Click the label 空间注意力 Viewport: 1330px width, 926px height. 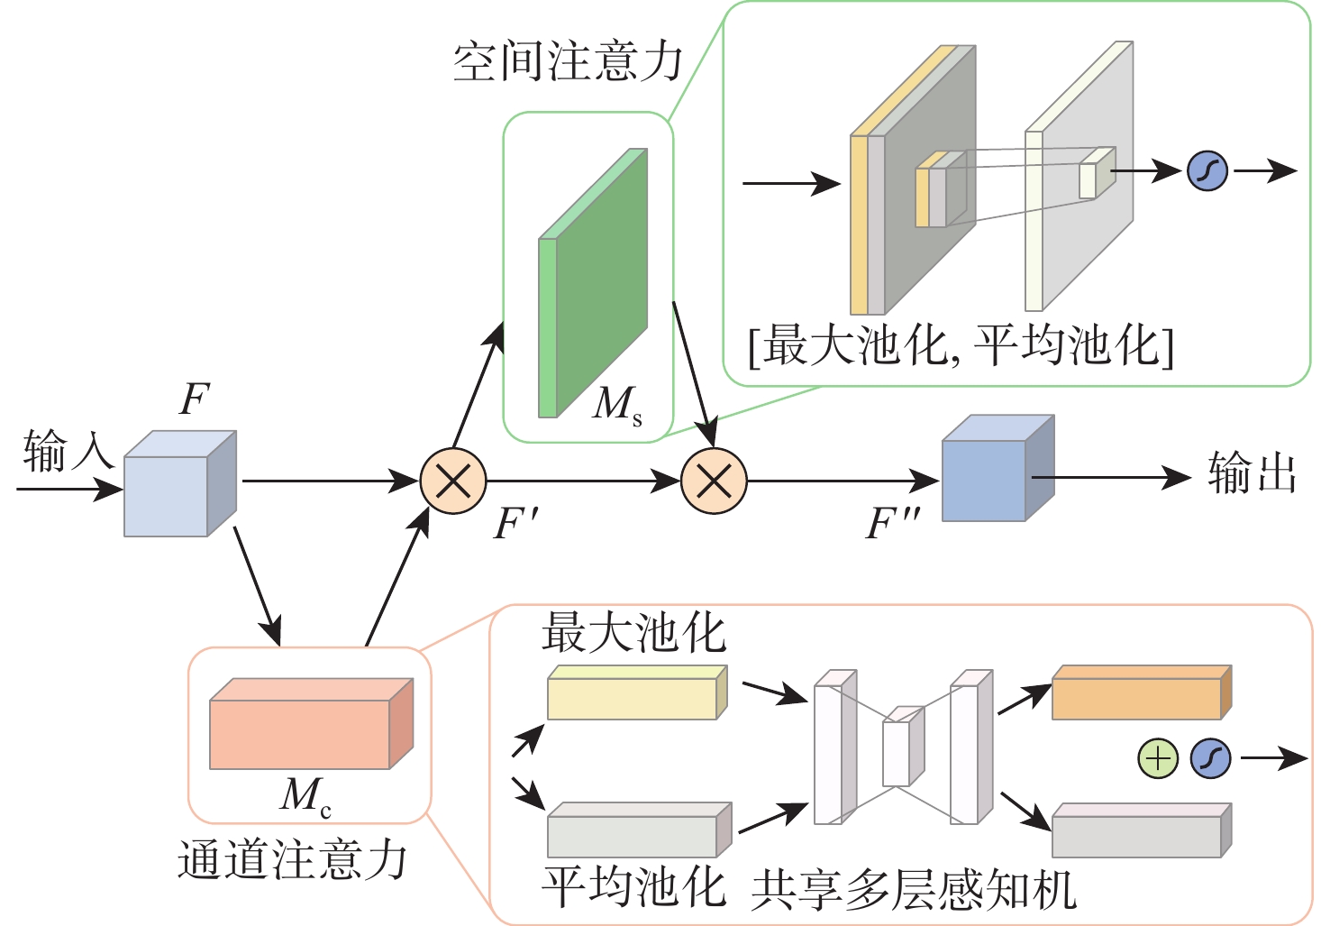tap(568, 61)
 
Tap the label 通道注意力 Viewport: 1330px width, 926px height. tap(292, 859)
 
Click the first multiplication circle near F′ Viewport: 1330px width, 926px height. tap(453, 481)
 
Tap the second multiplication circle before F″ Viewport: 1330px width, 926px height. tap(714, 481)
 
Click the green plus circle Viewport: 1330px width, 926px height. tap(1158, 758)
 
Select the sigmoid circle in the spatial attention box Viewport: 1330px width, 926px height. tap(1207, 170)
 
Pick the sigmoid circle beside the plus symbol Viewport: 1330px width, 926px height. tap(1210, 758)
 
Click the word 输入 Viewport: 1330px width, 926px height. tap(68, 450)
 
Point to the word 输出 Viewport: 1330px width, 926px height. tap(1253, 473)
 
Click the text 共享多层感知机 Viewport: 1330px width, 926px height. tap(914, 889)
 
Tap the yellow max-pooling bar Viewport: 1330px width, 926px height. tap(636, 693)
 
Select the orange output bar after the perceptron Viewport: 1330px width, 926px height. tap(1141, 693)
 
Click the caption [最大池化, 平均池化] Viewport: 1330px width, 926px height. tap(961, 345)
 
